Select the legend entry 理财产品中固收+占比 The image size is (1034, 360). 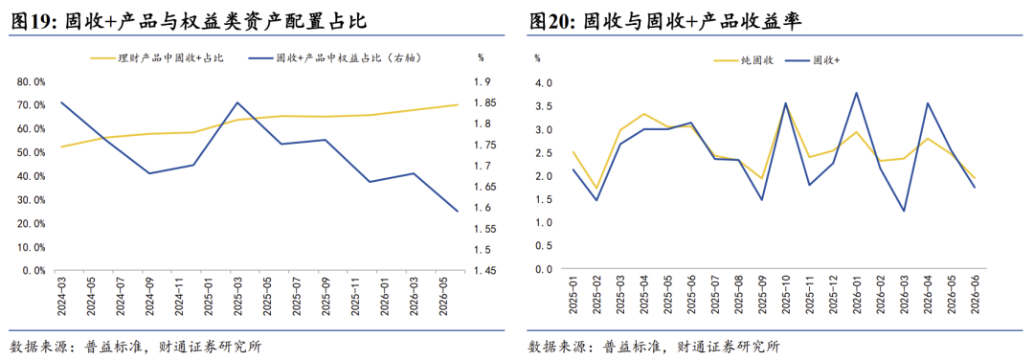[157, 58]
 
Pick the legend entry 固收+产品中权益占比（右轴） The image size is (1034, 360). [336, 58]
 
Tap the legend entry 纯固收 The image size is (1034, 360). [744, 60]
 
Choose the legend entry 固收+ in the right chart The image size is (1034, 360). [812, 60]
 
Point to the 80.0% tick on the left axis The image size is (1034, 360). [31, 81]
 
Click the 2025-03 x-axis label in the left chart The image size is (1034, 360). [236, 296]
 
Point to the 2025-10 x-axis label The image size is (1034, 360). [785, 296]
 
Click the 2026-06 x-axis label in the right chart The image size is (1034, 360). [974, 296]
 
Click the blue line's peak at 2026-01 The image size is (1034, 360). [857, 92]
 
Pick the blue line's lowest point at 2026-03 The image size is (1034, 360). [904, 211]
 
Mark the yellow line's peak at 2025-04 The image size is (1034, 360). [643, 114]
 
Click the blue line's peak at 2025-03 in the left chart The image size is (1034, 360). [236, 102]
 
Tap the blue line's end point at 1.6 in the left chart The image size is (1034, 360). [458, 211]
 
